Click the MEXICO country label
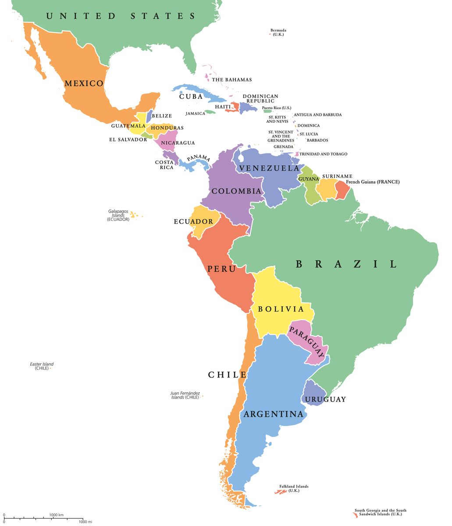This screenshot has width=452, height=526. click(84, 83)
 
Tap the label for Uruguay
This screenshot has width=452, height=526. click(325, 399)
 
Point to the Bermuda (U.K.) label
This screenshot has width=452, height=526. click(278, 32)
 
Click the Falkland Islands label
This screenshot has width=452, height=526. click(294, 488)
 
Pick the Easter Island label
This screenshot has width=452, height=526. click(42, 366)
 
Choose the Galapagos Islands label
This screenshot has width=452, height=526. click(118, 215)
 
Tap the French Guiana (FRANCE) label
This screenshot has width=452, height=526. click(373, 181)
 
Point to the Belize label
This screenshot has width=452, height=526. click(162, 116)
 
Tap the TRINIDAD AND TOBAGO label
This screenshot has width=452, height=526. click(324, 154)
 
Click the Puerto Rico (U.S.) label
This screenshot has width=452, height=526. click(277, 107)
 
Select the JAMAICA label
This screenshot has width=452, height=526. click(195, 114)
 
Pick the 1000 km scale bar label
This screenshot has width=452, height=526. click(57, 515)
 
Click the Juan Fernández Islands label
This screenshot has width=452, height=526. click(185, 395)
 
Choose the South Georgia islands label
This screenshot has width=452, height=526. click(381, 512)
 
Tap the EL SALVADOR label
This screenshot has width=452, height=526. click(128, 139)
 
